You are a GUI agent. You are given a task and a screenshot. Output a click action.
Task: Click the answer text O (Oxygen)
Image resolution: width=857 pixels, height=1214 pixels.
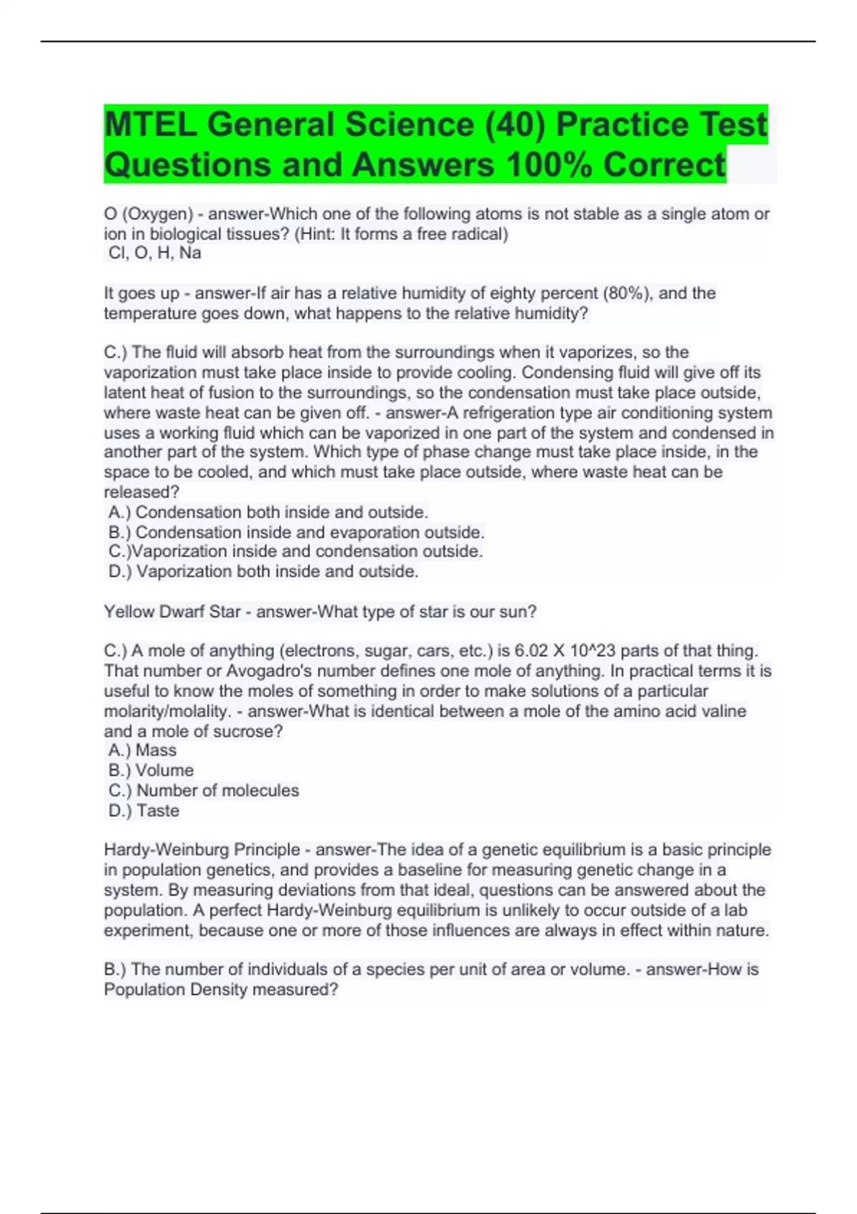point(149,214)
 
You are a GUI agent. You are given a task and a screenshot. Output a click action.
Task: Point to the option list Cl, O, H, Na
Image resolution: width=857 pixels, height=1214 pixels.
point(155,253)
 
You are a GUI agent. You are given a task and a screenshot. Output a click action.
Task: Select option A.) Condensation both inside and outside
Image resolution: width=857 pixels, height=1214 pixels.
point(269,512)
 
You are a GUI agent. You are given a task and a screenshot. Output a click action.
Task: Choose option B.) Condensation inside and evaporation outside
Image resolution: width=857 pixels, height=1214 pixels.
point(296,532)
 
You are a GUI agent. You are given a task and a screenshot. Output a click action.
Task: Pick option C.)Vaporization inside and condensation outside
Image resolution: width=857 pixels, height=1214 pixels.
point(296,551)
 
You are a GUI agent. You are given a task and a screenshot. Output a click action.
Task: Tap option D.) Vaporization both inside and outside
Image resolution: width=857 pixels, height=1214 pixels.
point(264,571)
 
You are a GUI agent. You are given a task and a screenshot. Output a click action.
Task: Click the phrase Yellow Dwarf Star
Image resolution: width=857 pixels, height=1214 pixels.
point(172,611)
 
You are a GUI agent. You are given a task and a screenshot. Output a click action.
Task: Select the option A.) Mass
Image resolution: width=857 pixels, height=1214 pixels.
point(143,750)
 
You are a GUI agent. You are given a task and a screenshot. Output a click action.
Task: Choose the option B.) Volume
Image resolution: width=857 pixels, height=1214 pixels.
point(151,770)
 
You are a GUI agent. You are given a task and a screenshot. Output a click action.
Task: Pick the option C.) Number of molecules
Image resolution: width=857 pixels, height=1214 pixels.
point(204,790)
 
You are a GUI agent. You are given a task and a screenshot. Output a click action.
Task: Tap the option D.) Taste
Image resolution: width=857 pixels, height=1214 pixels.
point(144,811)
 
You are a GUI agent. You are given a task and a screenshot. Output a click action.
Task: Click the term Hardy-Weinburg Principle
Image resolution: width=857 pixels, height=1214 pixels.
point(202,850)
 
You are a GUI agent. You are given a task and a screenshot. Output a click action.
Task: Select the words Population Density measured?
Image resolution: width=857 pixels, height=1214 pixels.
point(221,989)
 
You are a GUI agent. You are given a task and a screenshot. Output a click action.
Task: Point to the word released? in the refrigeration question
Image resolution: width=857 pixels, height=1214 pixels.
point(141,492)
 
